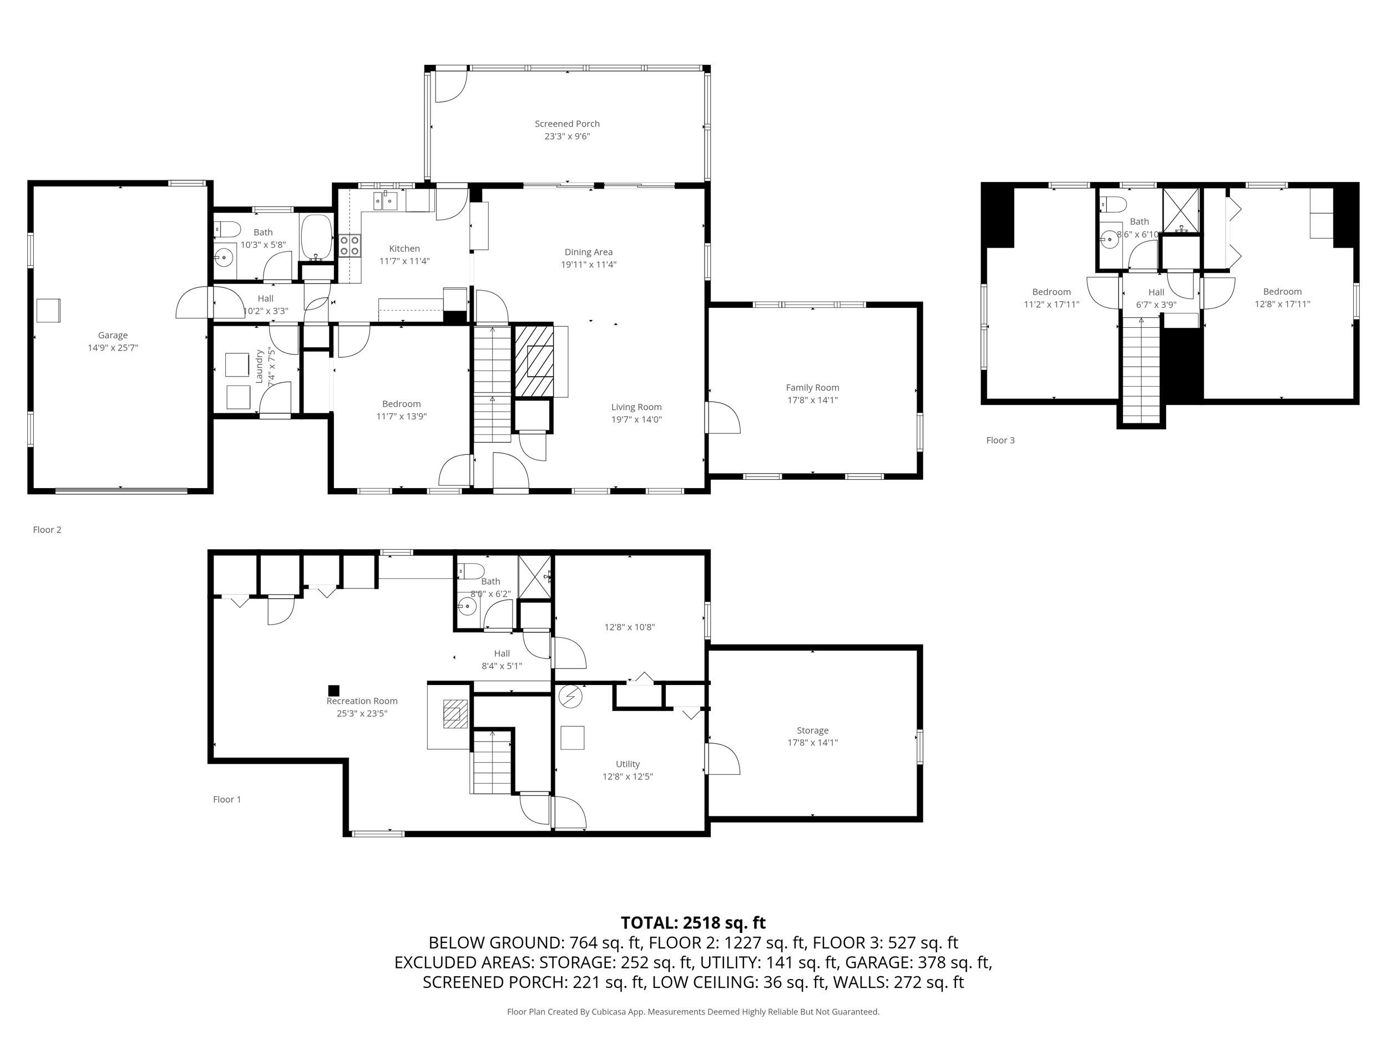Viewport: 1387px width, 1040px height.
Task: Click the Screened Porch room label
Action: (x=567, y=124)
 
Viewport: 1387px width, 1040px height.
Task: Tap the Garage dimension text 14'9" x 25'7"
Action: (x=113, y=348)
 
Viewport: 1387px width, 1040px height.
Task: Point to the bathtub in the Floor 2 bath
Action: (x=316, y=237)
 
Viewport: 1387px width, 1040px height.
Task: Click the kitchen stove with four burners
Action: (x=350, y=245)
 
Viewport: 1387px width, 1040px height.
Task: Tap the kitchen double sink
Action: (x=386, y=201)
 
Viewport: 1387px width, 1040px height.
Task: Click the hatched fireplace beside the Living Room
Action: (x=534, y=361)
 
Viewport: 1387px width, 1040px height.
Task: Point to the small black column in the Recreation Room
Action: (x=333, y=690)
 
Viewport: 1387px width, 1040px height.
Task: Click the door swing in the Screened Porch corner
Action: (x=449, y=87)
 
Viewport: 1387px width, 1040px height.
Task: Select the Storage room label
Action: (x=813, y=730)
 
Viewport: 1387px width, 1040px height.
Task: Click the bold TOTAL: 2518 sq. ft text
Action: (x=693, y=923)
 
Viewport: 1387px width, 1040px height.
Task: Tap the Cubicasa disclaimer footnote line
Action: (x=693, y=1012)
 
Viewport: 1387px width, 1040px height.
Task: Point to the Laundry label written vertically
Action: (x=259, y=367)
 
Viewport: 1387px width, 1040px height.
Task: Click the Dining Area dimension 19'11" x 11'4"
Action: (x=588, y=265)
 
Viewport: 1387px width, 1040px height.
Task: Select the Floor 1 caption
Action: (x=227, y=799)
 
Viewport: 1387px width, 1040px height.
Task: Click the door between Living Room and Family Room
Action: (x=723, y=418)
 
